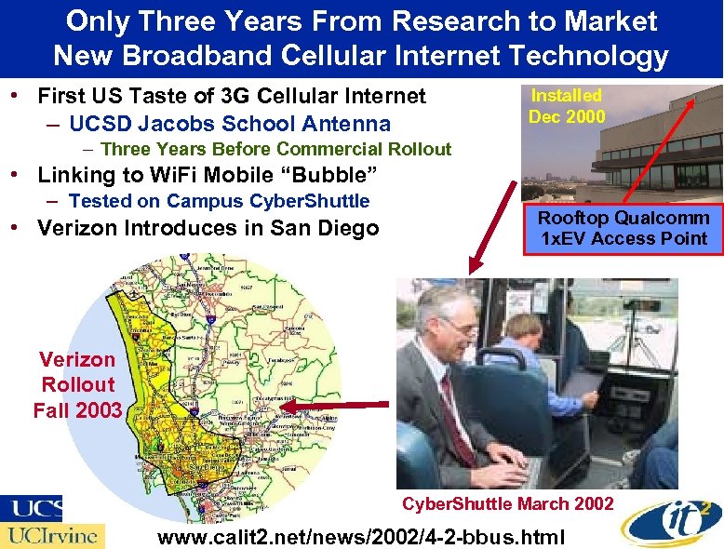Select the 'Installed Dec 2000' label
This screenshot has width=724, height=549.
[x=566, y=106]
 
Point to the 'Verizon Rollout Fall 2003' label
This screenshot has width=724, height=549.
[x=78, y=384]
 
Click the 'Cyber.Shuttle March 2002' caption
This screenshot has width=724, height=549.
[x=507, y=503]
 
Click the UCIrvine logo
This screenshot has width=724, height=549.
[x=53, y=535]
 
